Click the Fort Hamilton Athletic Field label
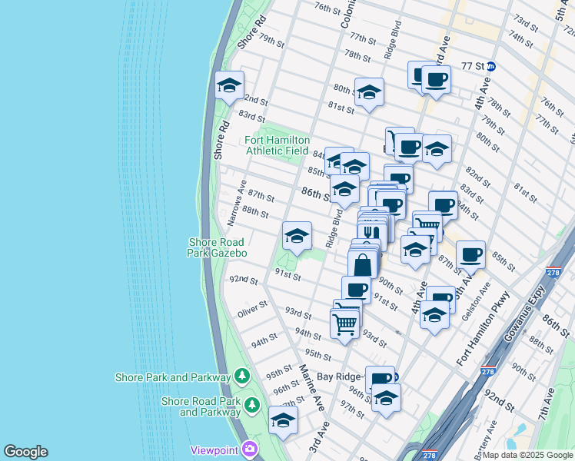278,145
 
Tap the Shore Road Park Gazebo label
218,247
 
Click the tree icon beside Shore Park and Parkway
242,376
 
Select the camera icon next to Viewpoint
249,449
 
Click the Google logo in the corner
25,452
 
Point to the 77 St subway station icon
490,66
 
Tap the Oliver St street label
252,311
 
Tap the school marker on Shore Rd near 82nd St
229,87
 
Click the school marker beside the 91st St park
296,237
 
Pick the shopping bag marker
362,265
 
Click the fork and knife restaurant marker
371,231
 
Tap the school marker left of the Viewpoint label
283,421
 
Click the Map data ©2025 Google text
527,455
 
